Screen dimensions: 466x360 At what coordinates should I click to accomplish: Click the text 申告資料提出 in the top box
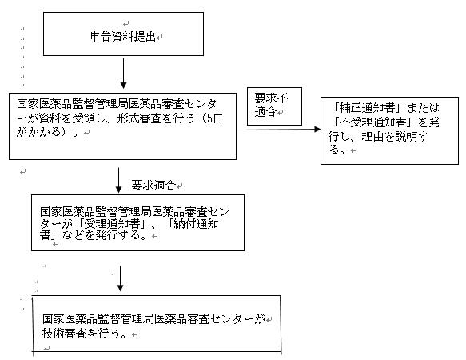tap(123, 37)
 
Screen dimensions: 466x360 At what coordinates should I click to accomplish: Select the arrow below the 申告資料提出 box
tap(123, 73)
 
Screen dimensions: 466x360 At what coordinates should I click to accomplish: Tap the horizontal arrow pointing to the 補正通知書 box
tap(278, 130)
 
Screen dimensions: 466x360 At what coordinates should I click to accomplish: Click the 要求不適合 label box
tap(274, 106)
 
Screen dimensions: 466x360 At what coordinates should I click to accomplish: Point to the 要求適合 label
tap(153, 186)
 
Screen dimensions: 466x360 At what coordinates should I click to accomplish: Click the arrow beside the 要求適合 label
tap(118, 180)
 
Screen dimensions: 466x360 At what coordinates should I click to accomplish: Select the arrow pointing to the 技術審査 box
tap(120, 278)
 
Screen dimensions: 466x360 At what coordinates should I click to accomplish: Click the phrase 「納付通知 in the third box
tap(193, 223)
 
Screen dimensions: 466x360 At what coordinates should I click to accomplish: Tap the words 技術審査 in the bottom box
tap(64, 334)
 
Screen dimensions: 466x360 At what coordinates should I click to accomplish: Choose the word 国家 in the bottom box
tap(54, 319)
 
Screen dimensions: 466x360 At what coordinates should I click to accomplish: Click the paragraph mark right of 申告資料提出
tap(160, 38)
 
